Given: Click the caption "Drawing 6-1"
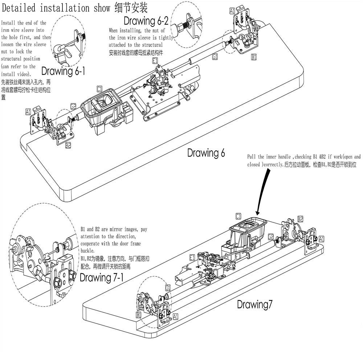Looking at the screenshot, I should pyautogui.click(x=63, y=71).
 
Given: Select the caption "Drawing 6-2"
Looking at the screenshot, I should pyautogui.click(x=146, y=20).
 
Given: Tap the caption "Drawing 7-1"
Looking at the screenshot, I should pyautogui.click(x=101, y=278).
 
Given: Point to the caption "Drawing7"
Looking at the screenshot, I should pyautogui.click(x=254, y=304).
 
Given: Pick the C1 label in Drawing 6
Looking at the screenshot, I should pyautogui.click(x=100, y=88).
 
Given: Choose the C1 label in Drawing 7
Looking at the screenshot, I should pyautogui.click(x=238, y=217).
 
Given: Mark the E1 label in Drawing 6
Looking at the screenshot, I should pyautogui.click(x=155, y=61).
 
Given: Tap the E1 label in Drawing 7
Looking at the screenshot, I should pyautogui.click(x=192, y=257).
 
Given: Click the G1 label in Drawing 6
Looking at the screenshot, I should pyautogui.click(x=215, y=57).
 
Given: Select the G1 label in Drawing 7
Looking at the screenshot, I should pyautogui.click(x=168, y=287).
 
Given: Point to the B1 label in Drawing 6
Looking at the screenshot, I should pyautogui.click(x=254, y=57).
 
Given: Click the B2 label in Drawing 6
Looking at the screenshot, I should pyautogui.click(x=68, y=145).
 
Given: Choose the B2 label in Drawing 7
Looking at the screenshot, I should pyautogui.click(x=300, y=219).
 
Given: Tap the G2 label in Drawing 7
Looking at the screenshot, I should pyautogui.click(x=271, y=237).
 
